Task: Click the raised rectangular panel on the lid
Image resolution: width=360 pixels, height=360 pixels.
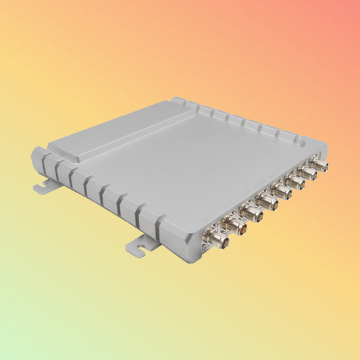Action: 111,132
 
